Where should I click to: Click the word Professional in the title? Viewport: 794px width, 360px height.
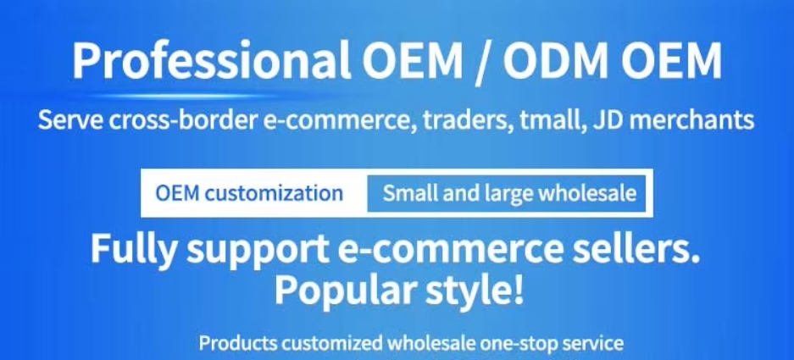(212, 60)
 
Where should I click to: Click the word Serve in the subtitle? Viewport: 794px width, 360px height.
(71, 120)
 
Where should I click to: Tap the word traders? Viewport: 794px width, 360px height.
(466, 121)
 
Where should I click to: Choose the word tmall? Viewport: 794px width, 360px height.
(549, 121)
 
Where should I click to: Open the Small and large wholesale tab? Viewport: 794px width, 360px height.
(507, 193)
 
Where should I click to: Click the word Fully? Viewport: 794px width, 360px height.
(136, 251)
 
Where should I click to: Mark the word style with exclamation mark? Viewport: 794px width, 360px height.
(475, 289)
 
